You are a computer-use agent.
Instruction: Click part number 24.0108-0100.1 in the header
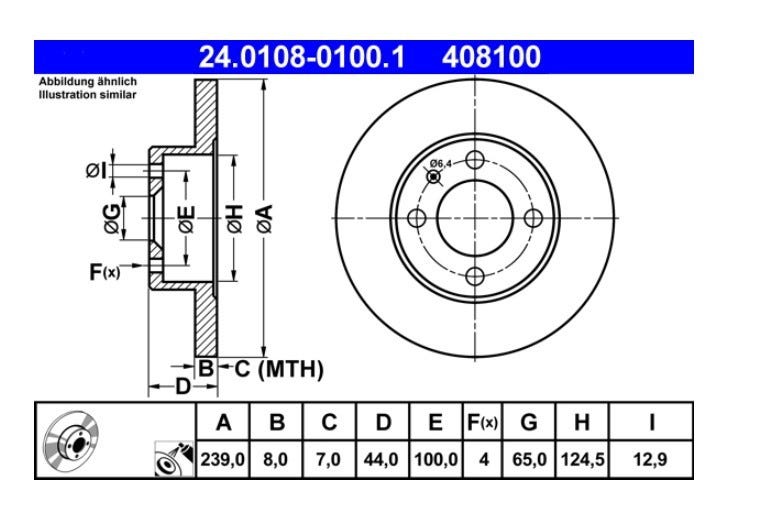tap(301, 57)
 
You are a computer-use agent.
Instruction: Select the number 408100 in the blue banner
tap(491, 57)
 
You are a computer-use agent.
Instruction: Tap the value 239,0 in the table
tap(223, 459)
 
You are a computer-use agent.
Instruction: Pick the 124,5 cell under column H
tap(583, 459)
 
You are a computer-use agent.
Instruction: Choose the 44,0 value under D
tap(381, 459)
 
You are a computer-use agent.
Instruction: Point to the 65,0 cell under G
tap(529, 459)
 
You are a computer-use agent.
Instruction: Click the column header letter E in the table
tap(435, 422)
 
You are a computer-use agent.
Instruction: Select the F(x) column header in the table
tap(482, 422)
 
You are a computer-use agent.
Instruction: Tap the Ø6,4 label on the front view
tap(440, 163)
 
